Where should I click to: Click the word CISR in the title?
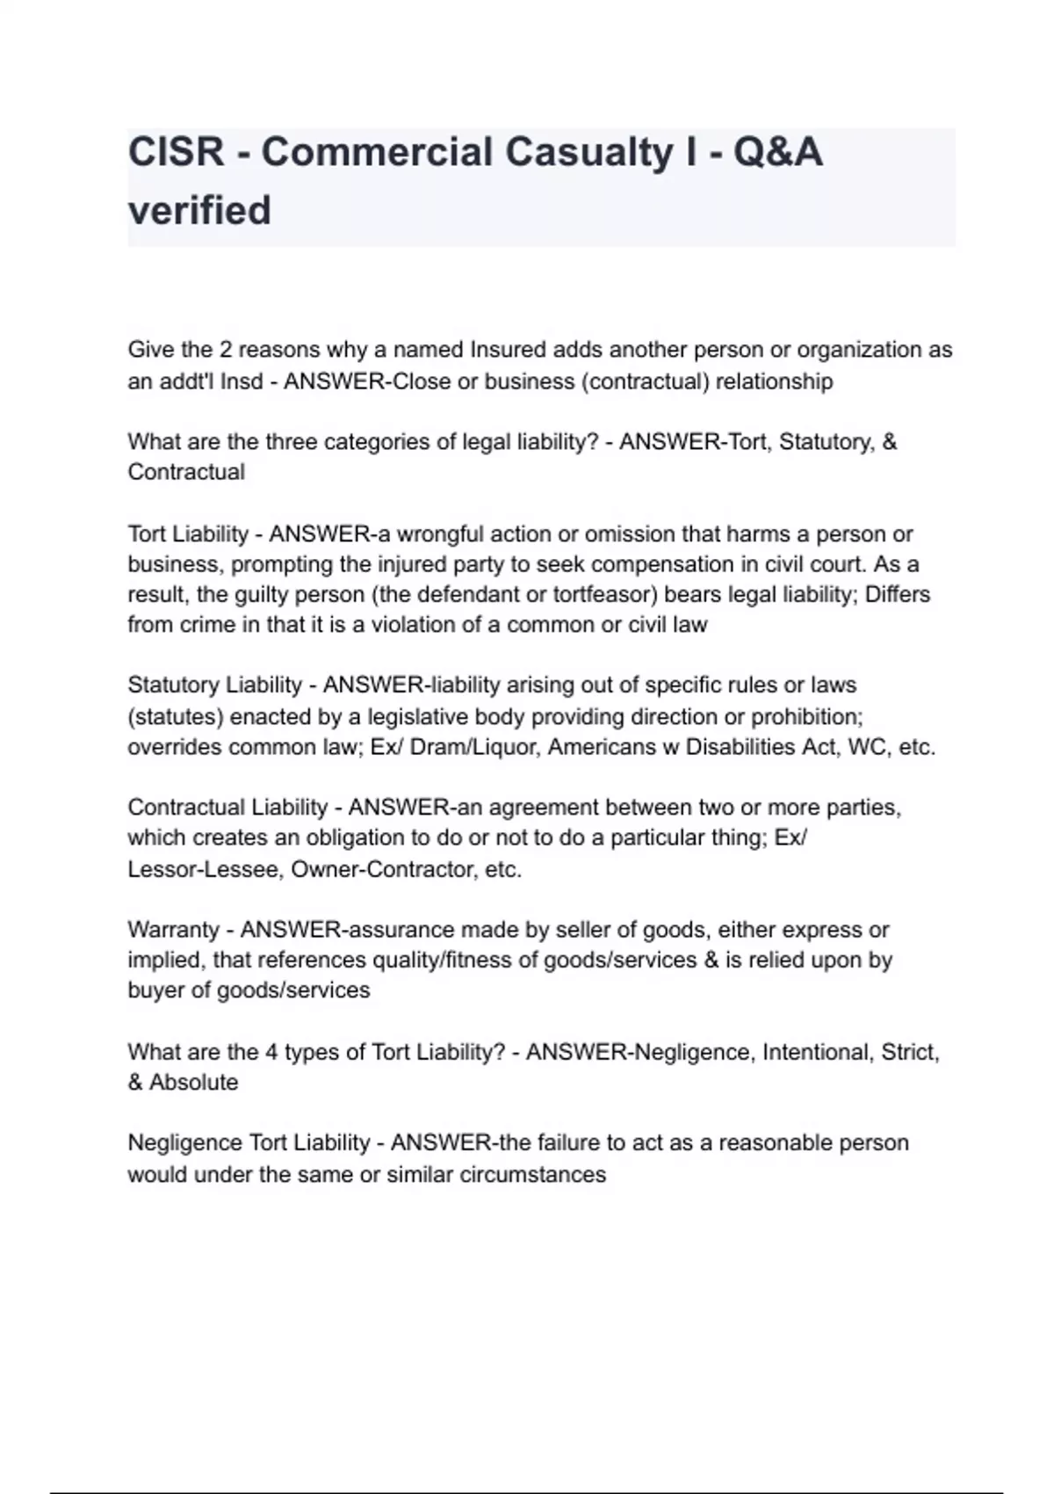tap(177, 152)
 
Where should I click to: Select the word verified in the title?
tap(199, 210)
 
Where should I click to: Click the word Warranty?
tap(173, 930)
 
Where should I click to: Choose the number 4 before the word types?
tap(271, 1052)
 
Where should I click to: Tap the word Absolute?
tap(193, 1082)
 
